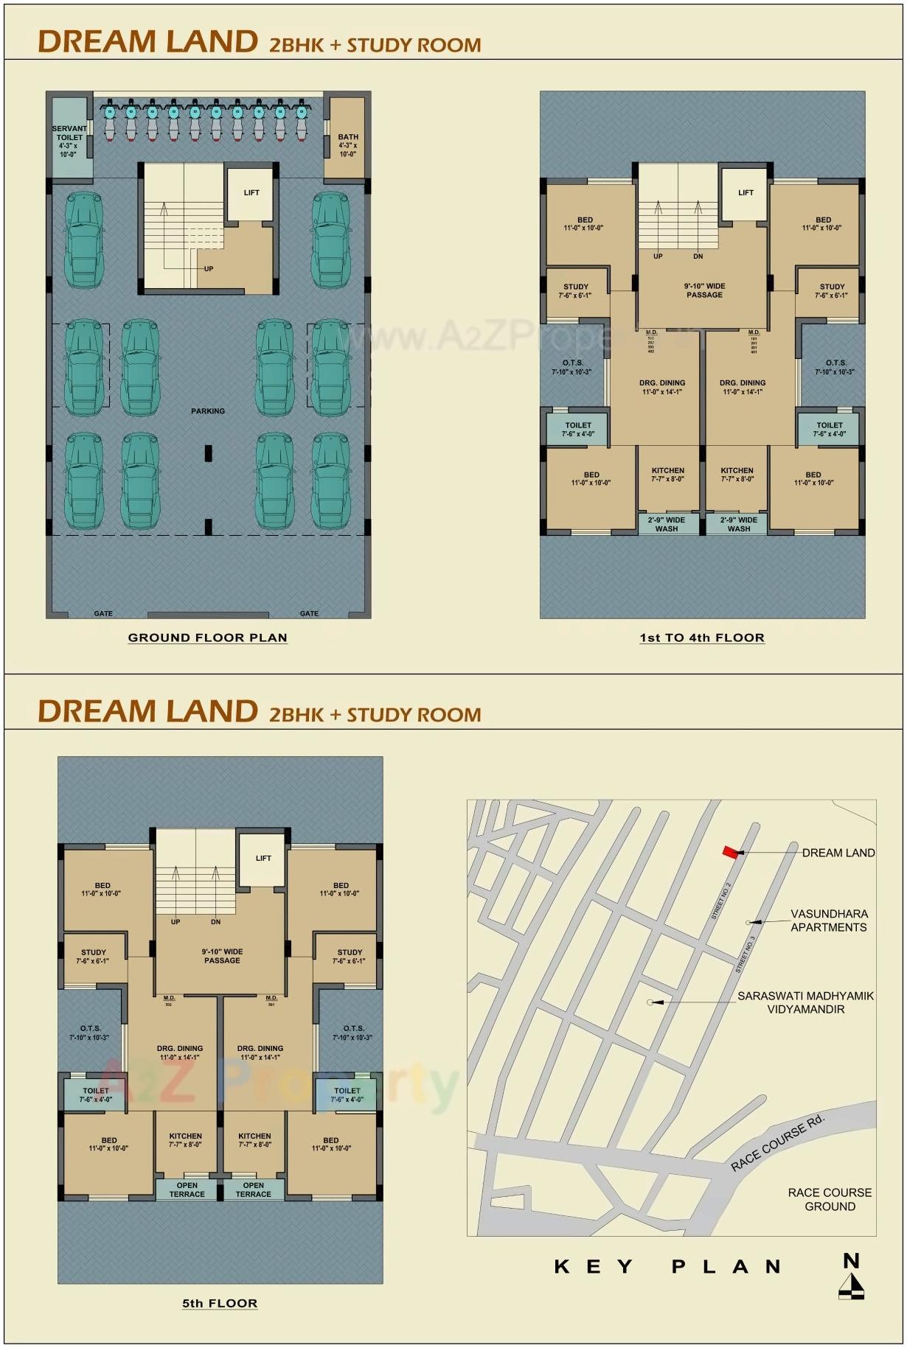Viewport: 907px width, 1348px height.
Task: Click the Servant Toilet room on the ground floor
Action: tap(69, 140)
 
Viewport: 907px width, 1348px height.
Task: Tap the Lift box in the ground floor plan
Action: tap(251, 194)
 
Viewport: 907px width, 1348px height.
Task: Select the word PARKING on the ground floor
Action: tap(208, 411)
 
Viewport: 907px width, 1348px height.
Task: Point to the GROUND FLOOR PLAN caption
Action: tap(207, 638)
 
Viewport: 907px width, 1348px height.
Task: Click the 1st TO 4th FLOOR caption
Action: tap(702, 638)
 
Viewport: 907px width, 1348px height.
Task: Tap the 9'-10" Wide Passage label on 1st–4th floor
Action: tap(704, 290)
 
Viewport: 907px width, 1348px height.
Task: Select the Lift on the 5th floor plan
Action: tap(263, 859)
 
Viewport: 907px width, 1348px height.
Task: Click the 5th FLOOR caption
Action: tap(220, 1304)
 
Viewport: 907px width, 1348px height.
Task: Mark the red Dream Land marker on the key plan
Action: tap(730, 852)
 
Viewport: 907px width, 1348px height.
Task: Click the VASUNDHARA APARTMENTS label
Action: tap(829, 921)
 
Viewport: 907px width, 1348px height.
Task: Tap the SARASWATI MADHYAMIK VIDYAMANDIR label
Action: tap(805, 1002)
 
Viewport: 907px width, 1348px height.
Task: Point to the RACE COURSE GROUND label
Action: tap(830, 1199)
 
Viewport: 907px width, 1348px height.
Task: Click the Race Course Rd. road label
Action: tap(777, 1143)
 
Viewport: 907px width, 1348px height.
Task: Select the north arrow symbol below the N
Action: tap(852, 1287)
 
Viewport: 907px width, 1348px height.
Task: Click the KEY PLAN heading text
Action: tap(667, 1267)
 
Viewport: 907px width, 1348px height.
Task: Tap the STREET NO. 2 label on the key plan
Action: tap(720, 901)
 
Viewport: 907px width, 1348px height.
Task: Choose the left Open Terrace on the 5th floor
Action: tap(187, 1190)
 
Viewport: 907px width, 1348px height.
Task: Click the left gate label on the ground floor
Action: tap(103, 613)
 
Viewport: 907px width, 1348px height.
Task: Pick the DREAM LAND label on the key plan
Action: tap(838, 853)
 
